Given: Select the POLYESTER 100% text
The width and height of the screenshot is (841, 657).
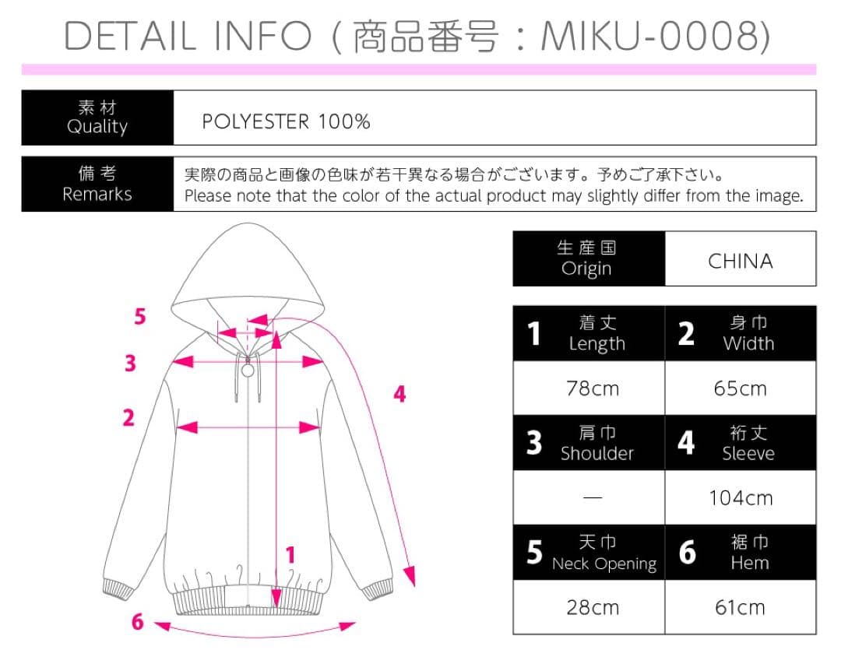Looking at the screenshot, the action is (286, 121).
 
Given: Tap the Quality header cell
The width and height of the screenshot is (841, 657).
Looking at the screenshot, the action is (97, 118).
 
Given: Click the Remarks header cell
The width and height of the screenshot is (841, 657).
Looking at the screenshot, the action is (97, 184).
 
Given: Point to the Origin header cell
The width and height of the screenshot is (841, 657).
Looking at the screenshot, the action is (589, 258).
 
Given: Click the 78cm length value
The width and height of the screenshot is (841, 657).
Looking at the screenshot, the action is (593, 388).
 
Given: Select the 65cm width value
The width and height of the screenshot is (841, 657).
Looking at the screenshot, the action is (741, 388).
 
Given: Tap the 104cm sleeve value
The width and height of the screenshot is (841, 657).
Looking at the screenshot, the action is (741, 498).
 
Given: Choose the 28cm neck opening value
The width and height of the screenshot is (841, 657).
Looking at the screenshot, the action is (593, 608).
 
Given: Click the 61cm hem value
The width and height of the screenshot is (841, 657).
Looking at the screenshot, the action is (741, 608).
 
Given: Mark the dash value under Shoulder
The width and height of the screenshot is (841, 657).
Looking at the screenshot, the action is (593, 497).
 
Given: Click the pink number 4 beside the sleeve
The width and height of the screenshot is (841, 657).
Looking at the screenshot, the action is (399, 394).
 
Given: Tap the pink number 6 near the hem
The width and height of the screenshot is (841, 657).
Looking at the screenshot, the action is (138, 622).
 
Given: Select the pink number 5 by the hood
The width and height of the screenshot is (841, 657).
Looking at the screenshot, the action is (140, 316).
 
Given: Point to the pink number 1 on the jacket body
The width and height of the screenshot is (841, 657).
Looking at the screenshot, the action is (290, 555).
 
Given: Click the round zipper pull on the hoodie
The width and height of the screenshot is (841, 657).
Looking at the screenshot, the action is (248, 370).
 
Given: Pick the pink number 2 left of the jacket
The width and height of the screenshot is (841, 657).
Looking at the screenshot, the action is (128, 418).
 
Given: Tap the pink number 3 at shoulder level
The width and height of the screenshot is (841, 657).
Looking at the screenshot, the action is (130, 363).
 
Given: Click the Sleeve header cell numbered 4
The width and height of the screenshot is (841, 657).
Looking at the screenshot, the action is (741, 443).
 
